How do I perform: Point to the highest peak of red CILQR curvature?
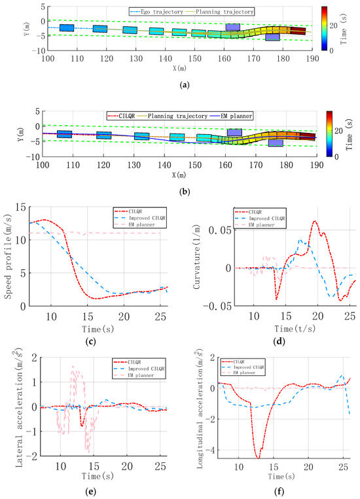click(315, 221)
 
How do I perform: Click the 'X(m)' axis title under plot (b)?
click(180, 176)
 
